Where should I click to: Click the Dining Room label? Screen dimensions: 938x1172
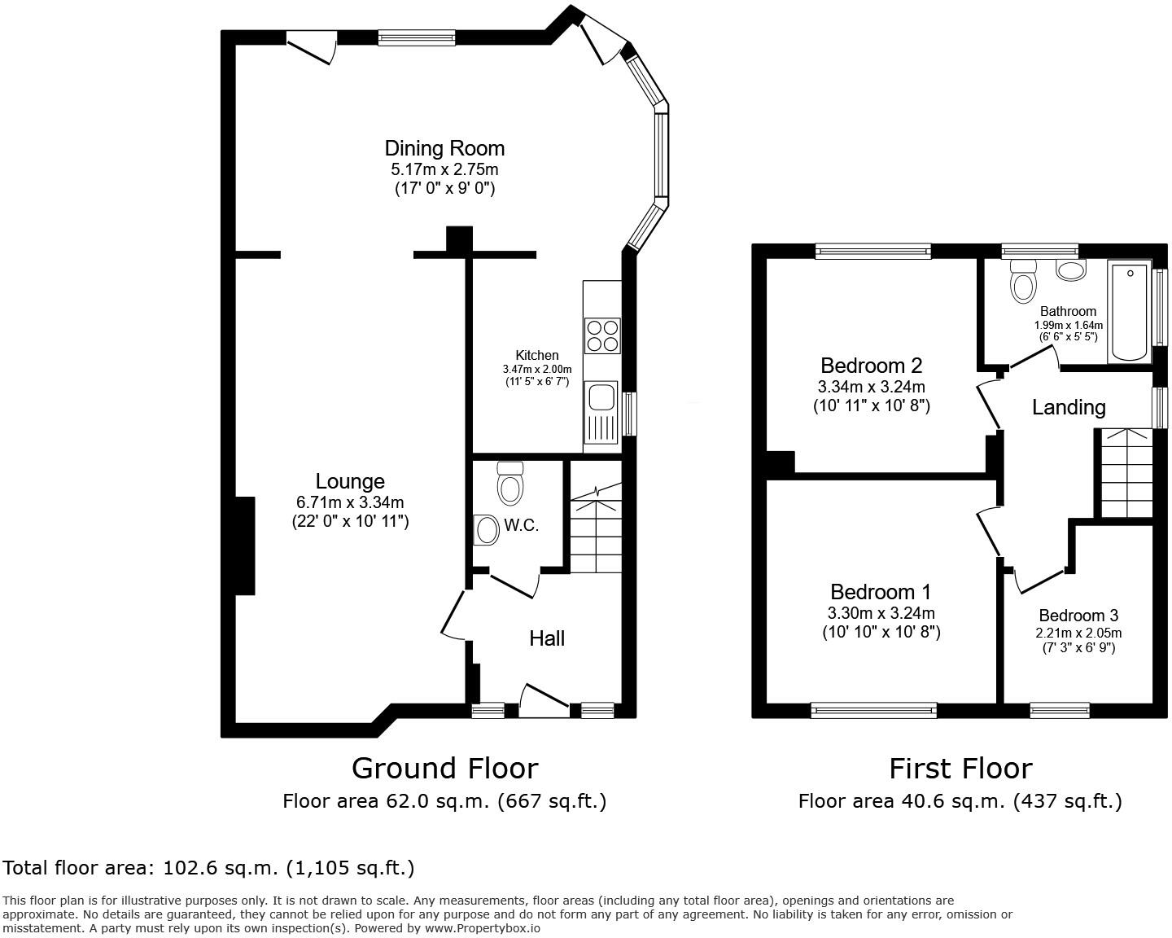pyautogui.click(x=444, y=148)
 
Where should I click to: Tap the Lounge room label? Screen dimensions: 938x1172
pyautogui.click(x=350, y=481)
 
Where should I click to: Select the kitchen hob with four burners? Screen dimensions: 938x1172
pyautogui.click(x=601, y=335)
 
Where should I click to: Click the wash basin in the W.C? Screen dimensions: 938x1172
pyautogui.click(x=487, y=530)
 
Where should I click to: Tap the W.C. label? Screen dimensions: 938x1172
pyautogui.click(x=521, y=525)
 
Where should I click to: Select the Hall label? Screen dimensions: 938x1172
pyautogui.click(x=547, y=638)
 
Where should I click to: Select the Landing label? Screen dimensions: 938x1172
pyautogui.click(x=1069, y=407)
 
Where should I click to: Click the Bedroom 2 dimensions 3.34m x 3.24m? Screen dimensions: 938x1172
pyautogui.click(x=871, y=387)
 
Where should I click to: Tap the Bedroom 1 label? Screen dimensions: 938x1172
pyautogui.click(x=881, y=592)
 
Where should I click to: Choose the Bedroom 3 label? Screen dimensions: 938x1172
pyautogui.click(x=1078, y=616)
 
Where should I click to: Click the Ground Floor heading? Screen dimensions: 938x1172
pyautogui.click(x=444, y=768)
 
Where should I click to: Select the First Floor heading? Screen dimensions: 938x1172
pyautogui.click(x=960, y=768)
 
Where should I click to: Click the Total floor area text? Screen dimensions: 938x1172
pyautogui.click(x=208, y=868)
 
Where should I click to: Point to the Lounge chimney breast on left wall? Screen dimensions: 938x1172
pyautogui.click(x=245, y=546)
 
